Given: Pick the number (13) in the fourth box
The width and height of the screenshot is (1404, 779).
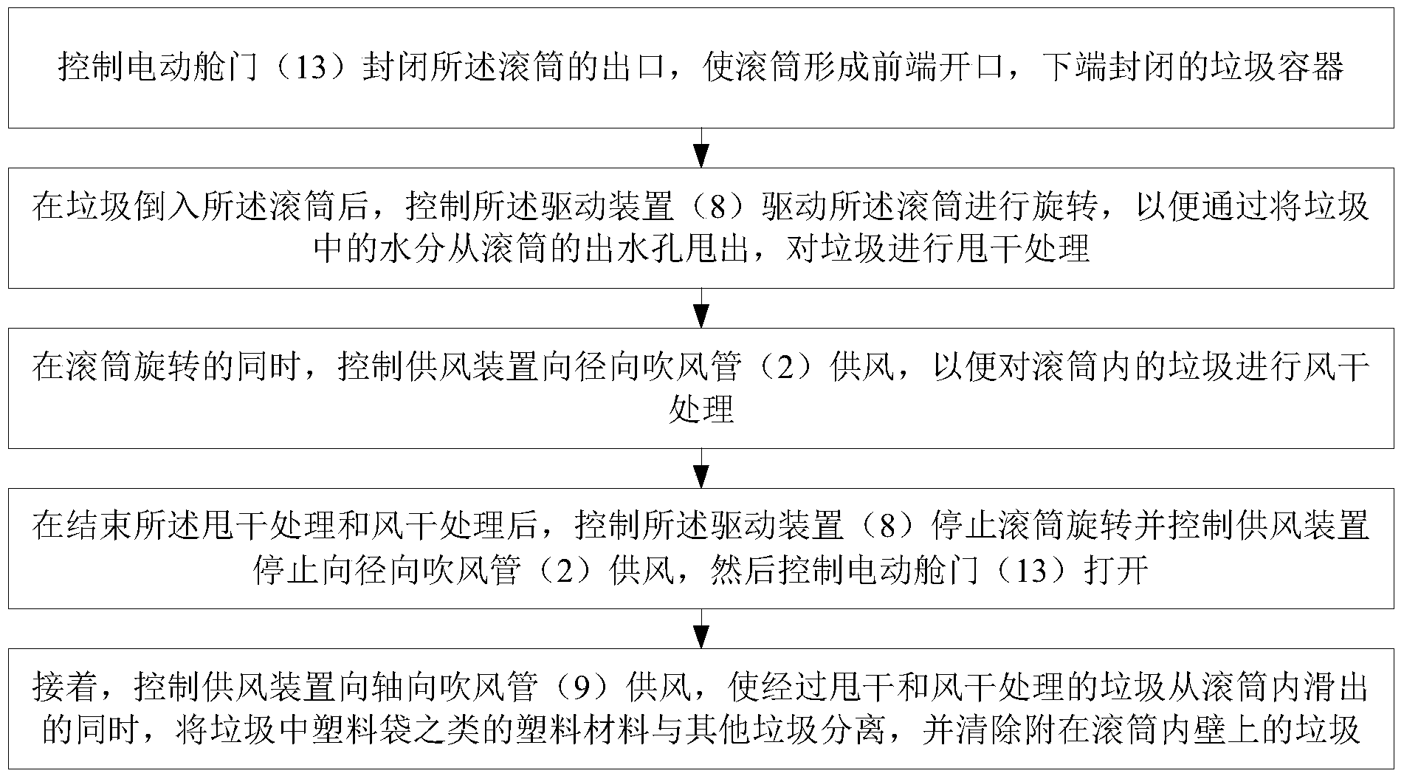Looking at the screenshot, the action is click(x=1030, y=571).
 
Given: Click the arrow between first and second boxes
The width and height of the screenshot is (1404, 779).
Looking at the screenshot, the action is click(x=702, y=148).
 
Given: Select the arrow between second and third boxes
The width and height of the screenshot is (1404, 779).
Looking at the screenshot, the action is click(x=702, y=308).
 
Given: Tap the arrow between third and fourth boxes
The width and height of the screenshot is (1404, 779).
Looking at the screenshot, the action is click(x=702, y=468).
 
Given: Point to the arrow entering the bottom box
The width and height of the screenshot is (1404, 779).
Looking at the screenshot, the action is click(x=702, y=628).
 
